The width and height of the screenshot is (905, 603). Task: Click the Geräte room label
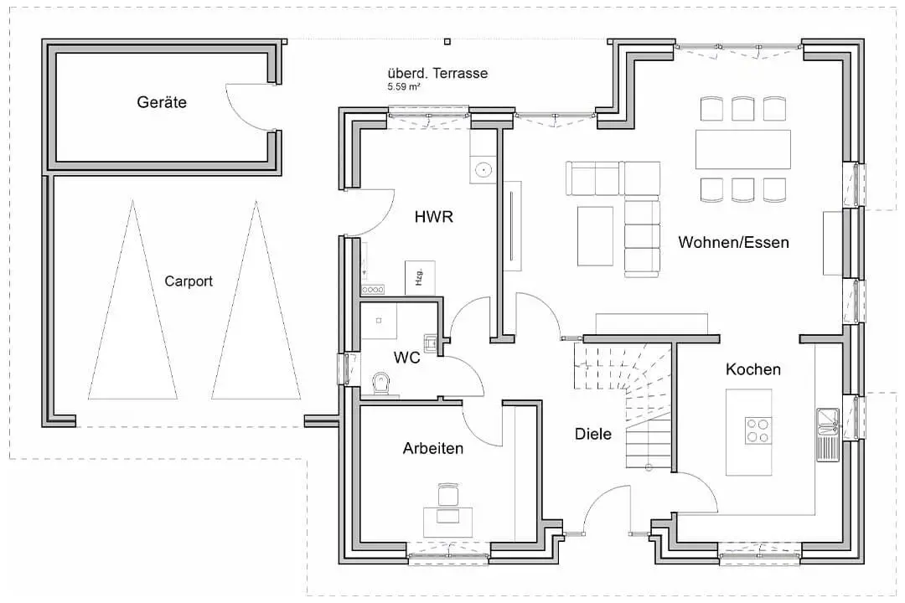point(162,102)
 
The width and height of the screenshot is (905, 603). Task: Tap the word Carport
point(189,281)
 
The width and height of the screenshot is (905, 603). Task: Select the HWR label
point(433,217)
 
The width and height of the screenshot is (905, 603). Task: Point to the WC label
point(407,358)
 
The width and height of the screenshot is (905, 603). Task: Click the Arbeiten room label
point(433,448)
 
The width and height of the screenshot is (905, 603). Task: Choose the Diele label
point(592,434)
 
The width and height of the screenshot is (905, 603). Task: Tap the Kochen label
point(753,369)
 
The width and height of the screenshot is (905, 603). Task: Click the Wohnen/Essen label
point(733,242)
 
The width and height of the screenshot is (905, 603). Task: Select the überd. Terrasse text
point(437,74)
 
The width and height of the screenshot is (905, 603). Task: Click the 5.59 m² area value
point(403,86)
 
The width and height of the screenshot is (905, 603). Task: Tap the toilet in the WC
point(381,383)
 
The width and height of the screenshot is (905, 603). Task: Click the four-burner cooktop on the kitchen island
point(758,430)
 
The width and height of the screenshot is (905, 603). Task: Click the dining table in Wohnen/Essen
point(742,149)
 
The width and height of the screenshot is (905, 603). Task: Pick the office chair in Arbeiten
point(446,494)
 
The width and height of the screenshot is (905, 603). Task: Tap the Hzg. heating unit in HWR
point(420,277)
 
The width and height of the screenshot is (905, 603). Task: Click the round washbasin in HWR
point(484,170)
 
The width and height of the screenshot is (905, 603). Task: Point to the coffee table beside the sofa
point(595,236)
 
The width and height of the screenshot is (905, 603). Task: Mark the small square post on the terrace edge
point(447,42)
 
